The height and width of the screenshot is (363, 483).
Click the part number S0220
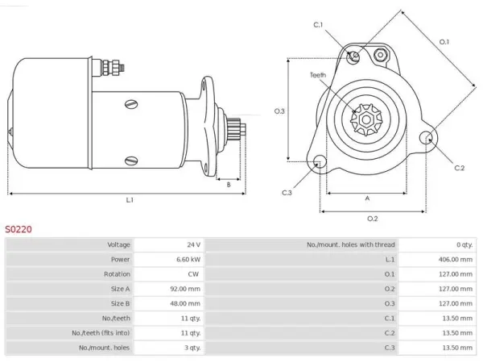[x=19, y=229]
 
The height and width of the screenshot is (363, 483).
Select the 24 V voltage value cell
[x=194, y=244]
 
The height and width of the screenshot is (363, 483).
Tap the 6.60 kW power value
[x=188, y=259]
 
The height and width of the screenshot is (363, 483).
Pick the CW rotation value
[x=193, y=274]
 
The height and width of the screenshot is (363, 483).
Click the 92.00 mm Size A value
[x=185, y=289]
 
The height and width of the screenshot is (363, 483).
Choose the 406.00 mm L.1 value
[x=456, y=259]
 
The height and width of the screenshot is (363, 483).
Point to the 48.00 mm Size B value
[x=185, y=303]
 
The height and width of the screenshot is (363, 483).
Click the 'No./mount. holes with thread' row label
[x=350, y=244]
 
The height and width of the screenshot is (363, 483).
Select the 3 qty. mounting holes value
[x=192, y=348]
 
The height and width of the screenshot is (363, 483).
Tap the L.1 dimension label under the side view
[x=130, y=200]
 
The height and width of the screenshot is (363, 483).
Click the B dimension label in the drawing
[x=229, y=185]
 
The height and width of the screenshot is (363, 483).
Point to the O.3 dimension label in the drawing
[x=279, y=111]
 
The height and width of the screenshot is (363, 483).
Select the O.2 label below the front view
[x=373, y=219]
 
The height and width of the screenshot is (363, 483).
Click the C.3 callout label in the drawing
[x=287, y=193]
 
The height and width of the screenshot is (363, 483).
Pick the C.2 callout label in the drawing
[x=460, y=168]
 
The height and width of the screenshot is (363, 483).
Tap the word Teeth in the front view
[x=318, y=75]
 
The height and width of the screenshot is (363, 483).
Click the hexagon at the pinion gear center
[x=366, y=119]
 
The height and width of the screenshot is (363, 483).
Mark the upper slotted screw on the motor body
[x=131, y=105]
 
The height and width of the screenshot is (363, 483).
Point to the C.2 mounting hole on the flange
[x=427, y=137]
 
